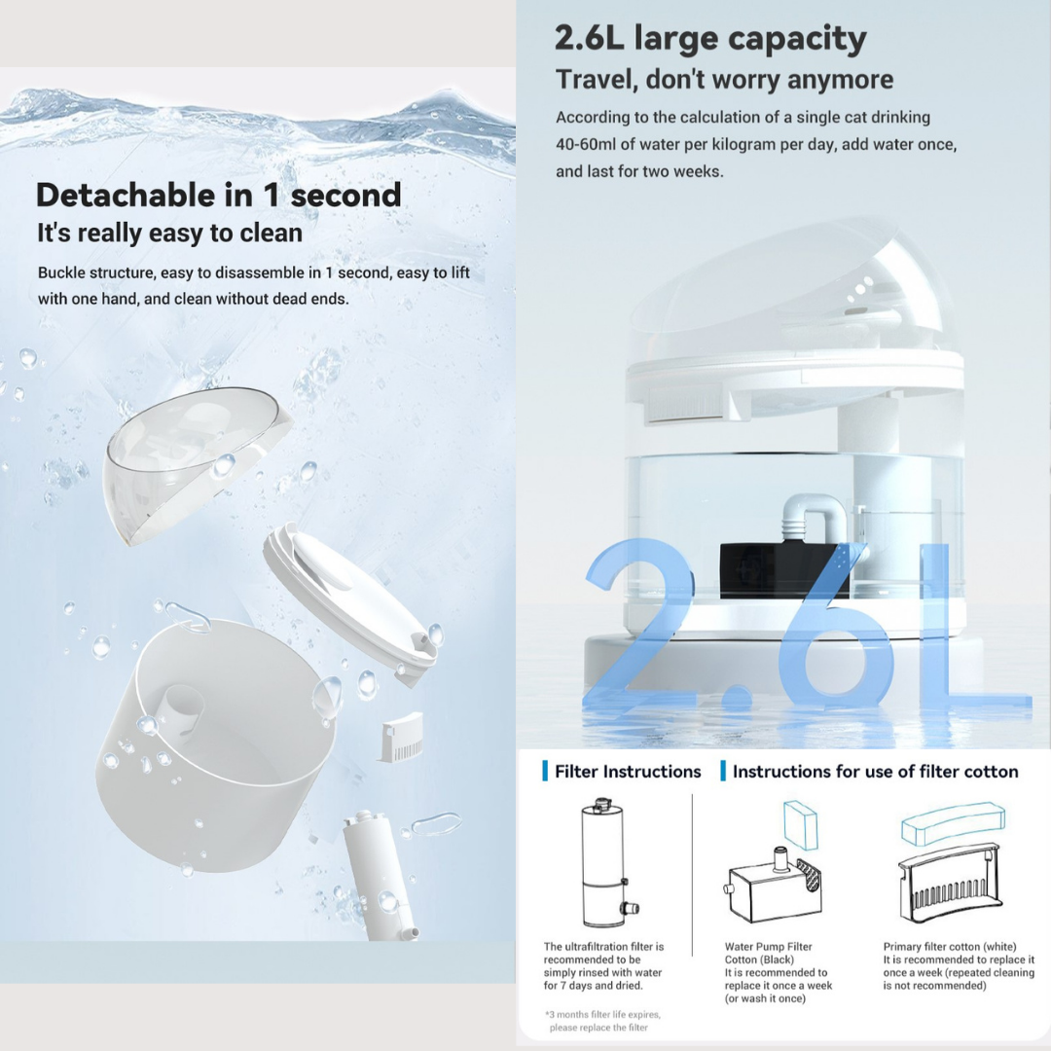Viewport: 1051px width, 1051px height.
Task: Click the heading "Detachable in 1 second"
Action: coord(218,195)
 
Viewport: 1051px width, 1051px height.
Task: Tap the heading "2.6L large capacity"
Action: coord(709,39)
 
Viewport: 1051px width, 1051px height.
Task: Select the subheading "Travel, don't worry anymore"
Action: coord(724,80)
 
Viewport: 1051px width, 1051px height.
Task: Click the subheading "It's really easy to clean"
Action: coord(169,234)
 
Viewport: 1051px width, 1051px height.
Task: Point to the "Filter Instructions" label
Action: coord(627,772)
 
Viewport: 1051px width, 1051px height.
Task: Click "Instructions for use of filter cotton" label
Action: coord(875,772)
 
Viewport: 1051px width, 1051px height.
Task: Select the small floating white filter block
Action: coord(402,737)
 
